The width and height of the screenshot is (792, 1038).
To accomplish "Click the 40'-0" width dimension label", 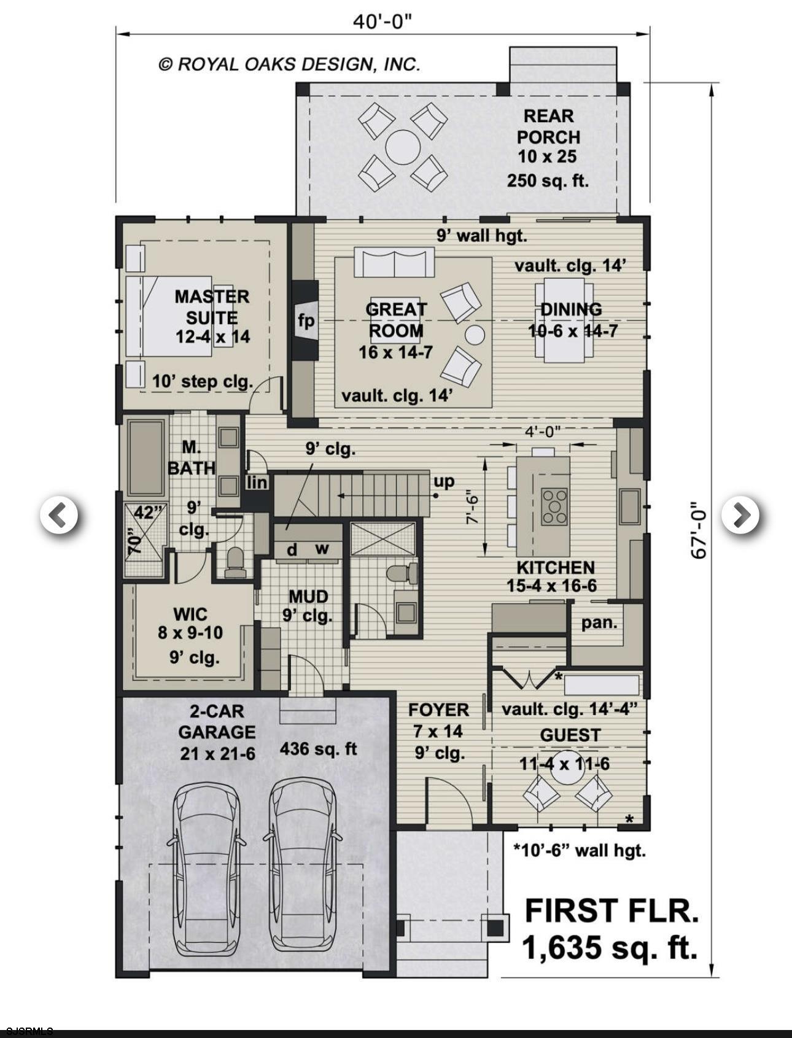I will (x=381, y=22).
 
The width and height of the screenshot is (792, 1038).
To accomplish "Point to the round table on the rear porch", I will (x=403, y=147).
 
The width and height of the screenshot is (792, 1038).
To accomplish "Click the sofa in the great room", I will (x=394, y=263).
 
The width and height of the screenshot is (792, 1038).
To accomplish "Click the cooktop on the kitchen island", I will (x=554, y=506).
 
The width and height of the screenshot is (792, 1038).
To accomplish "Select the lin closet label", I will (x=257, y=482).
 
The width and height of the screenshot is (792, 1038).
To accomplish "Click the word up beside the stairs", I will (x=444, y=481).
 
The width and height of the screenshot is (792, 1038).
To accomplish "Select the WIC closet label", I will (x=190, y=614).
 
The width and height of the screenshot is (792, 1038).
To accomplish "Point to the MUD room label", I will (x=308, y=596).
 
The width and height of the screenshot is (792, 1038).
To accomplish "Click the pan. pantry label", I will (x=599, y=622).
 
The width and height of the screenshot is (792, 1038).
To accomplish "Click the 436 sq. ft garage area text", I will (x=318, y=749).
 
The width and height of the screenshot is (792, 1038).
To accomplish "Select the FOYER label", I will (x=438, y=710).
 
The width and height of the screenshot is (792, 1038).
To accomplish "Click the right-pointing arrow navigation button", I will (x=740, y=514).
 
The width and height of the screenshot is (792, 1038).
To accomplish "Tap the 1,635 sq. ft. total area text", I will (x=610, y=947).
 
